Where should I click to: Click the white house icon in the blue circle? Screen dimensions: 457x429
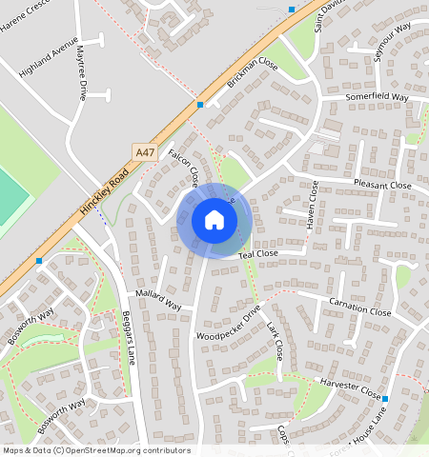[214, 220]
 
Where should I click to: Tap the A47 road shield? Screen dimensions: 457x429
[144, 151]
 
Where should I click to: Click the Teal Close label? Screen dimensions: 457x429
[257, 255]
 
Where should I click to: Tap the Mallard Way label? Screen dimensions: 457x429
[158, 300]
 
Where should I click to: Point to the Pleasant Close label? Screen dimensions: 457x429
[381, 186]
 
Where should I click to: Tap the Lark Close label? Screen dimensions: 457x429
[275, 341]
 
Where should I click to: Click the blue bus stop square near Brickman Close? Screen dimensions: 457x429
[200, 104]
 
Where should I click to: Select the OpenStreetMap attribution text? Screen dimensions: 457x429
[95, 450]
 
